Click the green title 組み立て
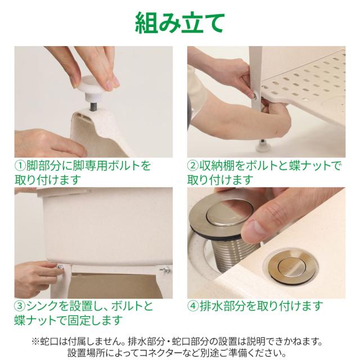(179, 22)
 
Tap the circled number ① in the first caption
(20, 166)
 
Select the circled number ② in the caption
(193, 166)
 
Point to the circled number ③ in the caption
(20, 306)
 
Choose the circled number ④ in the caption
(193, 306)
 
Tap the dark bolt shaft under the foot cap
(92, 106)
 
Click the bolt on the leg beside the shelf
(255, 95)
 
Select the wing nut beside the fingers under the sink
(60, 268)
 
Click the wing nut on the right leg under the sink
(166, 269)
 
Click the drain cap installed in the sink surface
(291, 266)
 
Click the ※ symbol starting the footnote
(35, 341)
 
